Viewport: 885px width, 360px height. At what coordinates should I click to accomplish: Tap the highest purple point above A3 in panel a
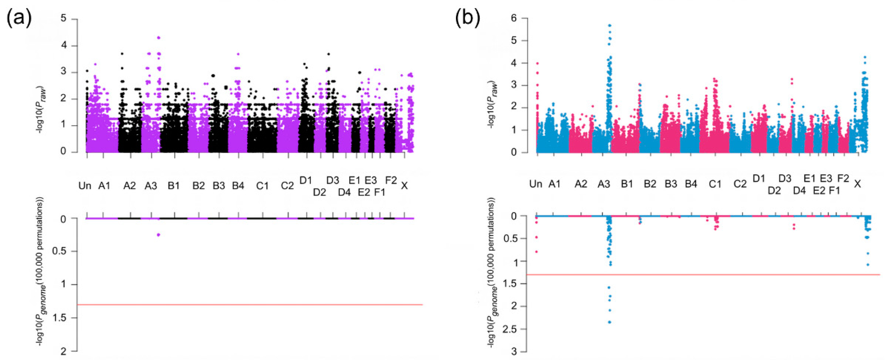pos(159,38)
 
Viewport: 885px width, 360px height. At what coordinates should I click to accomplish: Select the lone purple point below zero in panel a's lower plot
pos(159,235)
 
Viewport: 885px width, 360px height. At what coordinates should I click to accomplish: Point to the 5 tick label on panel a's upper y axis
pos(64,19)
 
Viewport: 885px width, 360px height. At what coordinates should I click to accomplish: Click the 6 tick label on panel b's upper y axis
pos(514,18)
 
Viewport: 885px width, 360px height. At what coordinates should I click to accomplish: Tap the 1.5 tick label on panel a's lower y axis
pos(59,318)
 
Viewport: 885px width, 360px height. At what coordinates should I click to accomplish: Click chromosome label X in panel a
pos(404,186)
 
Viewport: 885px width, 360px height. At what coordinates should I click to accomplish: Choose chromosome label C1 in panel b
pos(715,184)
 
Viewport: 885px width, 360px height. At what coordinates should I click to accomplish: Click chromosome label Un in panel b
pos(536,184)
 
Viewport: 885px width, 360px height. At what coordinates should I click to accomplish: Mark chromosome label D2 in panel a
pos(319,193)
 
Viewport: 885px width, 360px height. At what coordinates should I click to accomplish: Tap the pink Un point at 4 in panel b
pos(537,63)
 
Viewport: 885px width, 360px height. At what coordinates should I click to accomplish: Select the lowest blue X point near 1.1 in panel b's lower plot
pos(868,265)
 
